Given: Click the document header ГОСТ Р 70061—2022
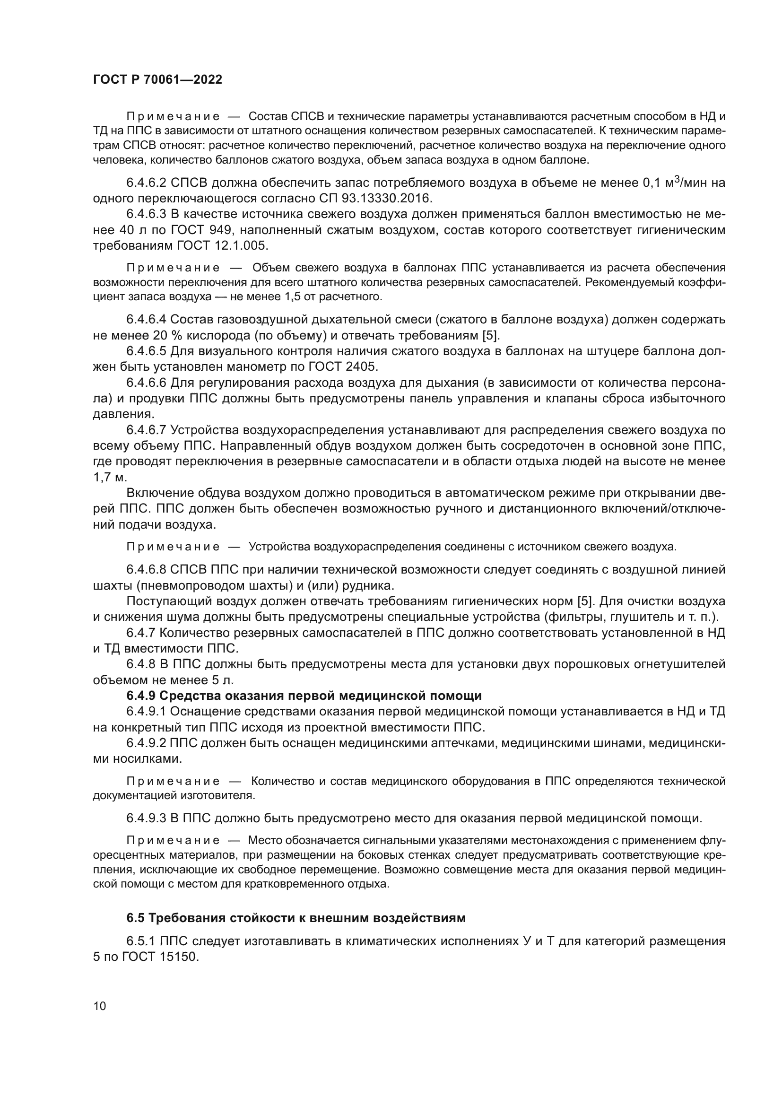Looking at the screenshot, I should pos(157,80).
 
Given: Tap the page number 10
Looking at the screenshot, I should pos(100,1006).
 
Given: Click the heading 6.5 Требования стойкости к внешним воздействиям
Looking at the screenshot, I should pos(295,918).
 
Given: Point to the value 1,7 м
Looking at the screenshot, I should pos(110,477).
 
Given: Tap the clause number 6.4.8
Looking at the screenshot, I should pos(141,664).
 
